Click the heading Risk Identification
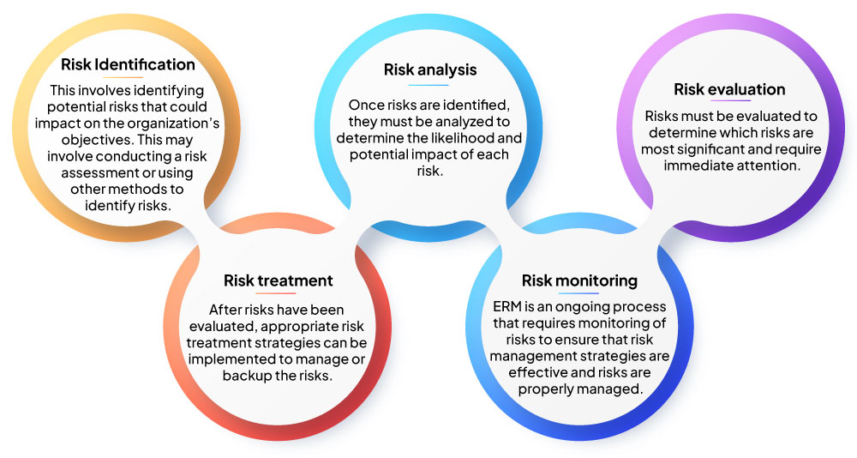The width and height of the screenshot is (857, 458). coord(128,64)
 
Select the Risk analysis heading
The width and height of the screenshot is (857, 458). coord(430,70)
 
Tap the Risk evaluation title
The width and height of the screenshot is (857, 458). coord(729,89)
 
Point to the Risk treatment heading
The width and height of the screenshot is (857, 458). coord(279,280)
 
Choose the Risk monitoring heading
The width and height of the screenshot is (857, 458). coord(579,280)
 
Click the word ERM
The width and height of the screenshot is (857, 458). coord(506,306)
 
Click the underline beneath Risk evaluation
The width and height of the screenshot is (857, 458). coord(731,100)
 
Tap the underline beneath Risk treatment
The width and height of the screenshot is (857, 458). coord(275,292)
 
